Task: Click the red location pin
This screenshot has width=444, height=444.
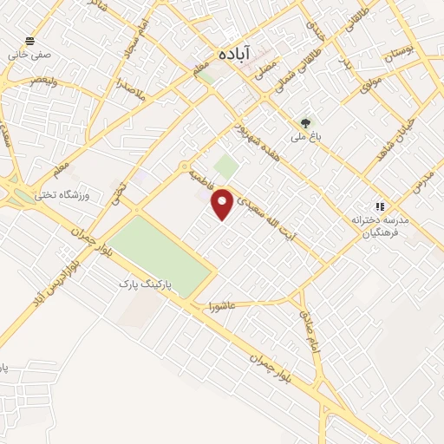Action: point(223,203)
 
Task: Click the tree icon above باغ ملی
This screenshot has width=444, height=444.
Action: point(304,123)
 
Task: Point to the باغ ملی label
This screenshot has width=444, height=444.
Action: point(305,137)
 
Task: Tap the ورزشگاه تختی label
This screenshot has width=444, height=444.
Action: point(63,195)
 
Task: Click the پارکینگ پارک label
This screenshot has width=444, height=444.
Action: point(146,284)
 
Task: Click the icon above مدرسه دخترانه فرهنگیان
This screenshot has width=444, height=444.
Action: point(379,206)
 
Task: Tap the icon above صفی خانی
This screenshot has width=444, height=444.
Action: point(32,40)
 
